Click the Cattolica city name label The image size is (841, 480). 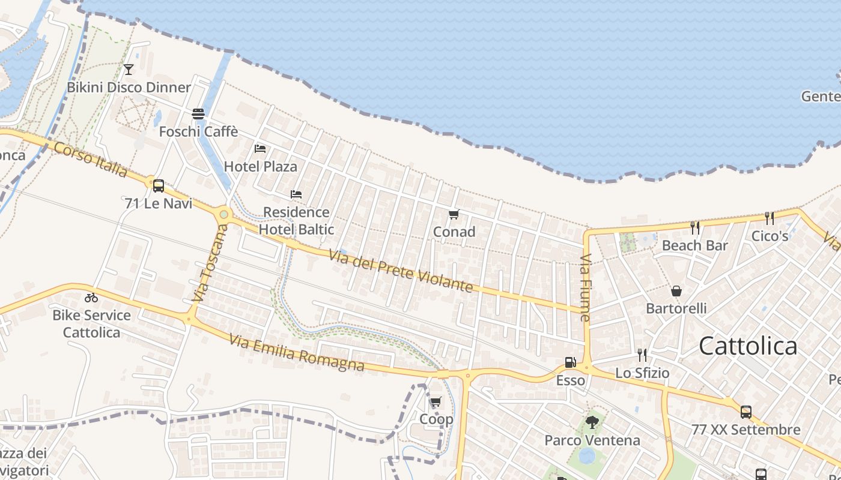[748, 346]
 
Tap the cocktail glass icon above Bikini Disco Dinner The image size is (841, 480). [128, 70]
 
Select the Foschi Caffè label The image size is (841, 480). [198, 131]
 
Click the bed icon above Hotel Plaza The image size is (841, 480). [260, 148]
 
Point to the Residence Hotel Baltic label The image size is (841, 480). [296, 220]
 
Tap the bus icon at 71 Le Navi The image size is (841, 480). [159, 186]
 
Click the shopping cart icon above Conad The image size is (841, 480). [454, 214]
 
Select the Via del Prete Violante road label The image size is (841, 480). [401, 271]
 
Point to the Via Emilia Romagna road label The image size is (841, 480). [297, 353]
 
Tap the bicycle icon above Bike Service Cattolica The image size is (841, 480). [91, 297]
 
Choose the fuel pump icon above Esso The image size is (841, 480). [570, 362]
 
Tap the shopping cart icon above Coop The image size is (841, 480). [436, 401]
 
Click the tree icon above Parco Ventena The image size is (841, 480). [592, 422]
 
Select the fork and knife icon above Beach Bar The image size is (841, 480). [695, 227]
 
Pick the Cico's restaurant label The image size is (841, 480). [770, 236]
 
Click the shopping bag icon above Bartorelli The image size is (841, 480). [676, 291]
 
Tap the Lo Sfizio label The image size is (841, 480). [642, 373]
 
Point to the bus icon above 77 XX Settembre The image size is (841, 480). [745, 412]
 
